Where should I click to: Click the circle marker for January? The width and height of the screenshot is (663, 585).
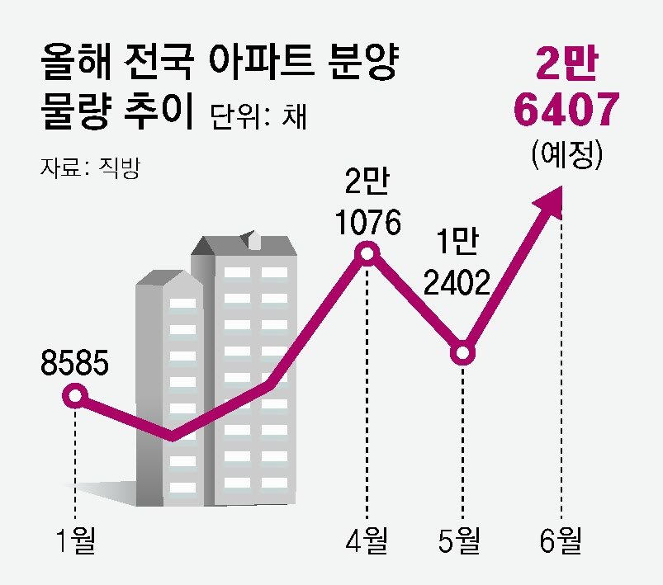coord(75,397)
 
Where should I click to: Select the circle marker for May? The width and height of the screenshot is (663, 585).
coord(463,354)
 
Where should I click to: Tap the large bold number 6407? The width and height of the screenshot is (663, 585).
coord(564,110)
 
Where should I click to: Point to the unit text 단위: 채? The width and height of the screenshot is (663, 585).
coord(258,116)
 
